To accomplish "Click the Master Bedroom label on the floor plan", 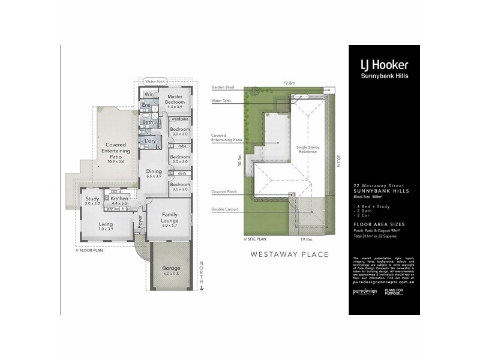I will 175,100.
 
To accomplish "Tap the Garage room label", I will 171,270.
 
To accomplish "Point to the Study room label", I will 92,200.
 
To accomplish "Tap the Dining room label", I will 154,173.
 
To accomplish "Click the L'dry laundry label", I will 150,140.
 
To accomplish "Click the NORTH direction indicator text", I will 202,274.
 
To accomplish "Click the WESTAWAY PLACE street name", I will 289,254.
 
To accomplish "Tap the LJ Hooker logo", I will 383,65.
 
